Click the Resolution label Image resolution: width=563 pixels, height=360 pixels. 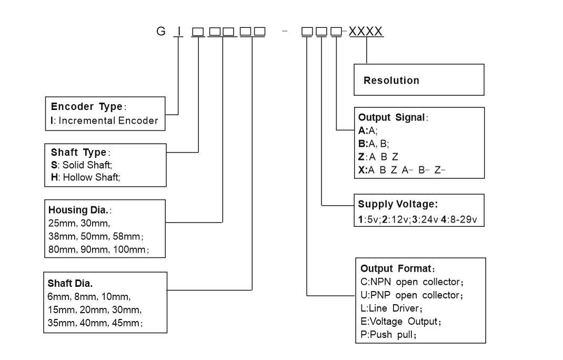coord(391,81)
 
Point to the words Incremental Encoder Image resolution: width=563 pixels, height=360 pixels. coord(108,121)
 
